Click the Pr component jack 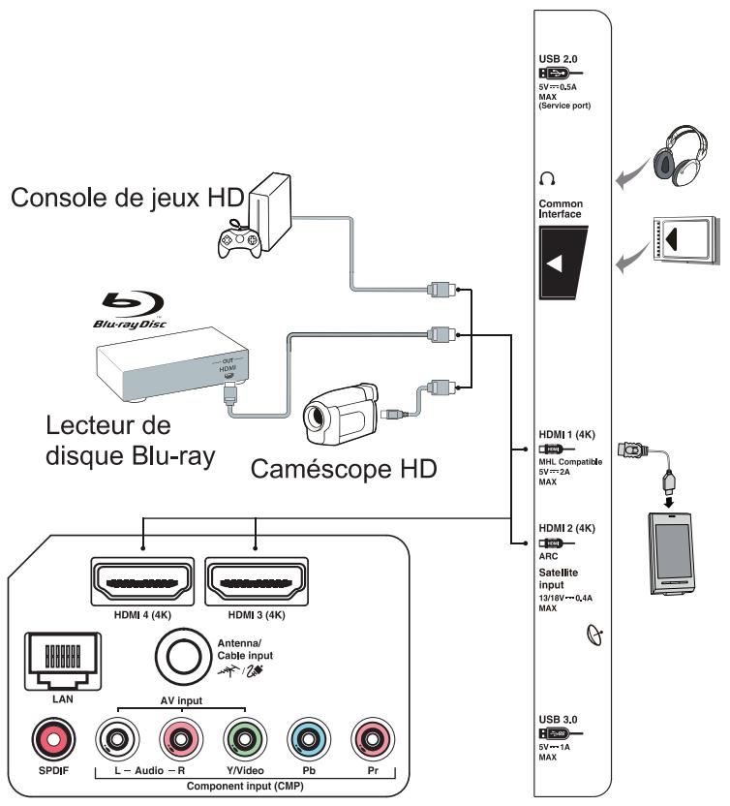(373, 742)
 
